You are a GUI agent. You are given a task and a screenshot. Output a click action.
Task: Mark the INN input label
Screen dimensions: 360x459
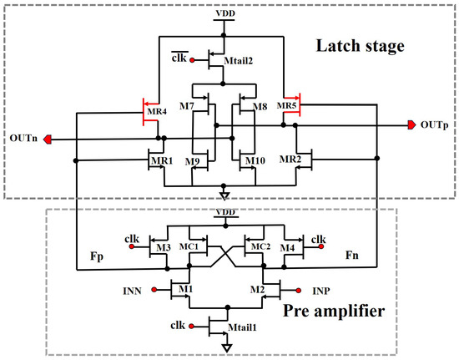point(131,292)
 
